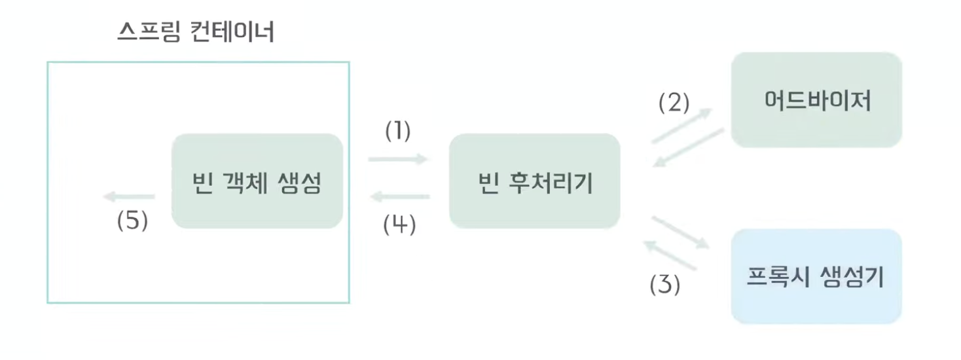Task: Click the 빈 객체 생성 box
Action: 257,181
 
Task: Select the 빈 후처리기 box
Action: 534,181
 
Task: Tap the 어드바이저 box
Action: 816,100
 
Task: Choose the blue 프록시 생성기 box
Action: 816,276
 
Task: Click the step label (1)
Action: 397,132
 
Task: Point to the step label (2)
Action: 674,103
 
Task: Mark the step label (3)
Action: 664,285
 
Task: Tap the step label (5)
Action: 132,221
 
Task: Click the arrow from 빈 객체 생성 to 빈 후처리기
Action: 397,158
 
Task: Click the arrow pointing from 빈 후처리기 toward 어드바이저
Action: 681,125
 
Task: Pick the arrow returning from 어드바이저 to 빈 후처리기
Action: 689,147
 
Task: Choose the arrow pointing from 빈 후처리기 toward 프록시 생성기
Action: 681,232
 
